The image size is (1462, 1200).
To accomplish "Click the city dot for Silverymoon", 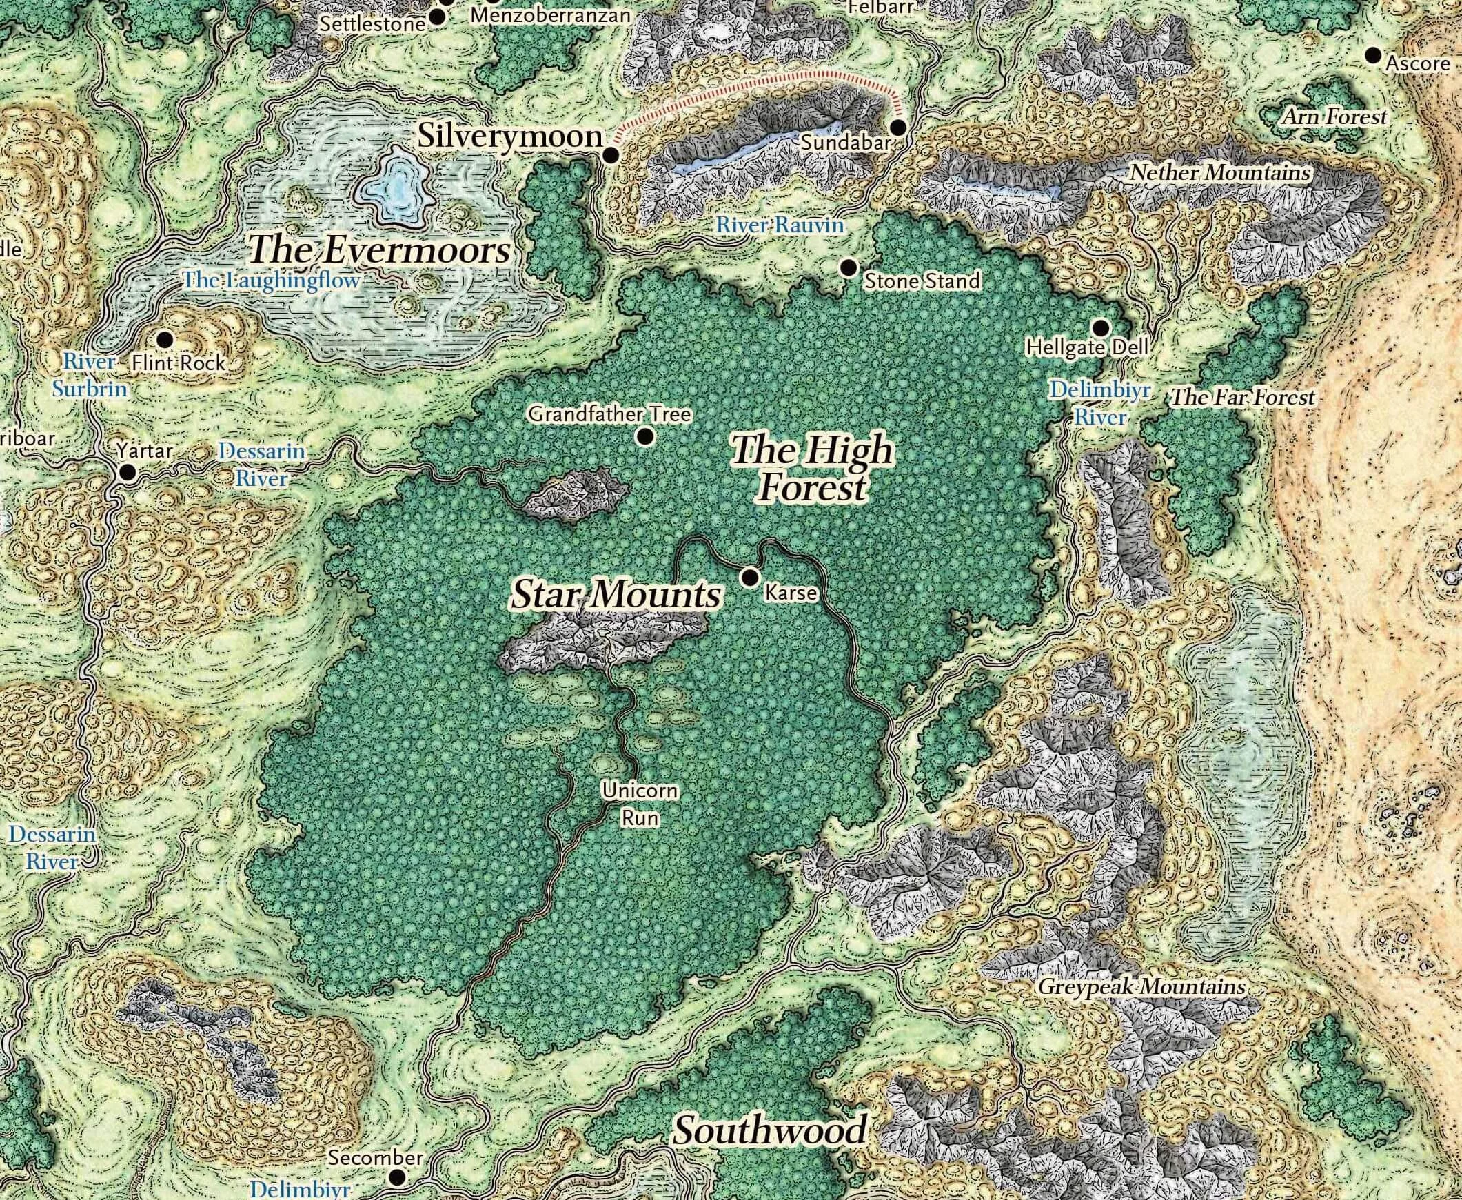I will point(611,156).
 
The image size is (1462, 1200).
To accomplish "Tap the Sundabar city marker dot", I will point(898,128).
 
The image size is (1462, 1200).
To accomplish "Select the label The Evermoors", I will point(380,250).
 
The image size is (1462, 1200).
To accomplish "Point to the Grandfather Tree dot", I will point(646,436).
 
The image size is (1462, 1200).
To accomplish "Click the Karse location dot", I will point(749,576).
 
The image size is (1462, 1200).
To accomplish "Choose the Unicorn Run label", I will point(630,804).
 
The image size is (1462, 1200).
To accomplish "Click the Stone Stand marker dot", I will point(848,267).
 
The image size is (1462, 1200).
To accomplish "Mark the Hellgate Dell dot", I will point(1101,327).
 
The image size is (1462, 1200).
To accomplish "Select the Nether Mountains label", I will point(1220,172).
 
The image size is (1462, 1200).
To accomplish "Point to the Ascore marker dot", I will point(1373,54).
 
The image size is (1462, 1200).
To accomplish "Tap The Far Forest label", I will point(1241,398).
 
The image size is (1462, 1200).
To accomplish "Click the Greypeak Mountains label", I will point(1141,987).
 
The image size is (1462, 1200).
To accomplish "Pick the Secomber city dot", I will point(398,1177).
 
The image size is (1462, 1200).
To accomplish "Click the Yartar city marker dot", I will point(128,473).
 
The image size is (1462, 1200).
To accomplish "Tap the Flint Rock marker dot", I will point(165,339).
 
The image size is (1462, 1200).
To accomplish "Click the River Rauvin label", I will point(780,225).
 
